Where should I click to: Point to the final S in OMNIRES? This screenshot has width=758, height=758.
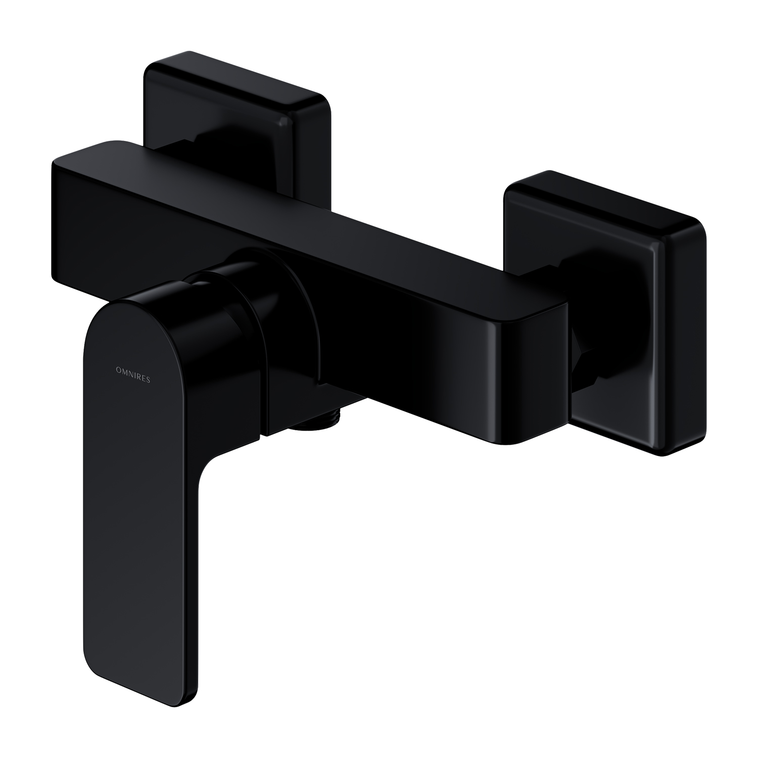coord(148,381)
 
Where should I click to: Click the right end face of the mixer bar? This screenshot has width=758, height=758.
coord(531,379)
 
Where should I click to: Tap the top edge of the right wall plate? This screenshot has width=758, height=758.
coord(606,197)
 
